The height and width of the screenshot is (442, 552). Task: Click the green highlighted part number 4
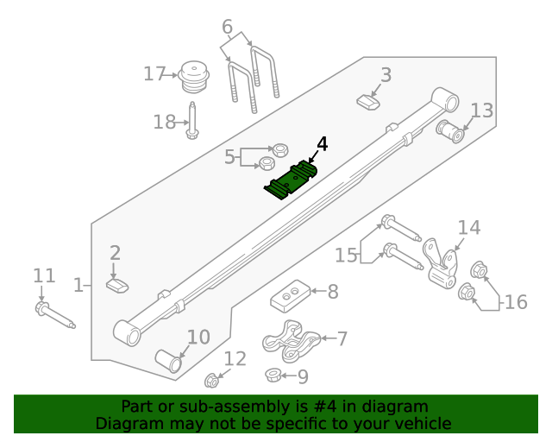tap(291, 180)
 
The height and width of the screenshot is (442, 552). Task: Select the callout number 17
tap(154, 74)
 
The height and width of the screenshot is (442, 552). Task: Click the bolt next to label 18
tap(191, 120)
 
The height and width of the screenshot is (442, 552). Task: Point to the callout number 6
tap(227, 28)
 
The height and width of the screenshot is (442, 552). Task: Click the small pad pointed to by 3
tap(369, 103)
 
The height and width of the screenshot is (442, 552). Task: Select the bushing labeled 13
tap(451, 132)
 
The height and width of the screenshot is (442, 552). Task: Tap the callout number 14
tap(468, 228)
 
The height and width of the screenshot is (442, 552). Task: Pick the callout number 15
tap(346, 256)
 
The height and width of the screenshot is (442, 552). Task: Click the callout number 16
tap(515, 302)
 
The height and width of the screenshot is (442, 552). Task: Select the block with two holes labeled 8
tap(289, 299)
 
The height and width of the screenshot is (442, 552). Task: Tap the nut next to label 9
tap(272, 375)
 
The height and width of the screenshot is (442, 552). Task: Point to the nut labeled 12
tap(211, 379)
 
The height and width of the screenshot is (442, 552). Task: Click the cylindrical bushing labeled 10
tap(168, 361)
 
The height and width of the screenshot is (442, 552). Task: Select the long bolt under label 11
tap(55, 316)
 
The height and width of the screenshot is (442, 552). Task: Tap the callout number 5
tap(229, 157)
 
